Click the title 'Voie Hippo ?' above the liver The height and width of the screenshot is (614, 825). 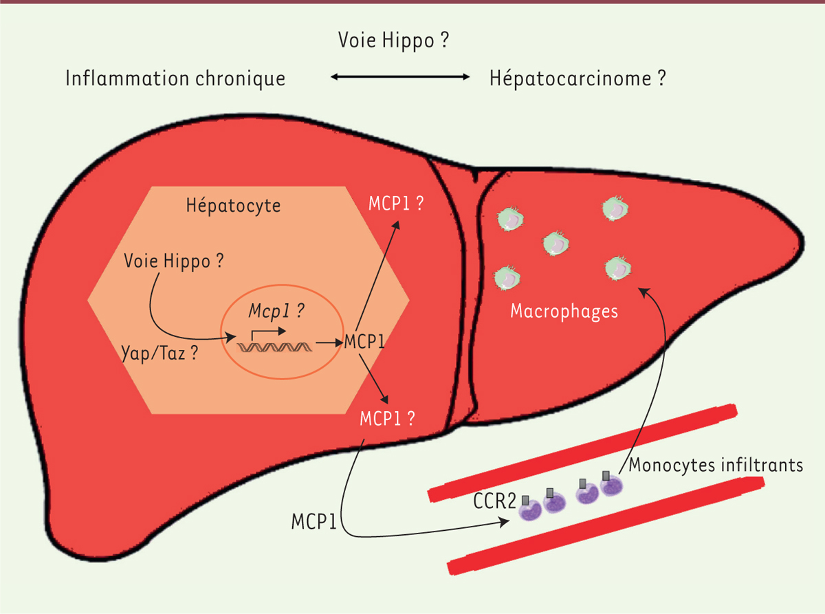[393, 41]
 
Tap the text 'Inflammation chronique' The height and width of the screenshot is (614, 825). [175, 79]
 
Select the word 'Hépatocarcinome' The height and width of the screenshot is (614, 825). [570, 79]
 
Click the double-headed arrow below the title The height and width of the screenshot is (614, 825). [400, 77]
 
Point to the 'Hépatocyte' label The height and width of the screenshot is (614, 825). [233, 206]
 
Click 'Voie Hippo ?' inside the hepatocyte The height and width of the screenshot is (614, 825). [174, 261]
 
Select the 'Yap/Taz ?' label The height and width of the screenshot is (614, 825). [159, 353]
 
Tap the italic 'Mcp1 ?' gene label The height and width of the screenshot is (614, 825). [276, 311]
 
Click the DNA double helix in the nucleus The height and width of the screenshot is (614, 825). [274, 347]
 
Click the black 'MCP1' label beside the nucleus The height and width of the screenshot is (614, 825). [364, 341]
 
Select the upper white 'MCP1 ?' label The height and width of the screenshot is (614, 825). [396, 204]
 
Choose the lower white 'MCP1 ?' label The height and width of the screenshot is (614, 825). [387, 419]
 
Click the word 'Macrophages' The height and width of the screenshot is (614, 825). [564, 311]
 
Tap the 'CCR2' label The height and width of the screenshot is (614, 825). [495, 501]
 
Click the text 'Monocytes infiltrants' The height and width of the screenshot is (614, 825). [716, 465]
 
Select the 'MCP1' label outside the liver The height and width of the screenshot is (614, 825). [313, 522]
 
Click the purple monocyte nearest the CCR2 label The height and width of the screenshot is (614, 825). [531, 509]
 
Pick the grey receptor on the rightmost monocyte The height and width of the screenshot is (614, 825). [606, 476]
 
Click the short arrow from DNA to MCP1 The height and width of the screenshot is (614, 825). [329, 342]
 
